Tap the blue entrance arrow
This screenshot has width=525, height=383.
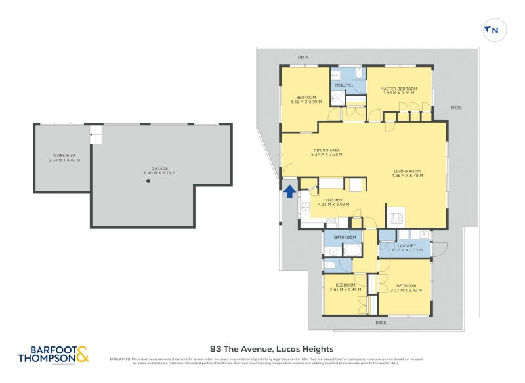click(289, 191)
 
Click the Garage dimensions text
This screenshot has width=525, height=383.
click(159, 173)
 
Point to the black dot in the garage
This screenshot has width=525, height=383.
click(148, 181)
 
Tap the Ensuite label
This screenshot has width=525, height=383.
click(343, 86)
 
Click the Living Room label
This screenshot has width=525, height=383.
click(407, 171)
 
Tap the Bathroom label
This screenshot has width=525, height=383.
click(345, 237)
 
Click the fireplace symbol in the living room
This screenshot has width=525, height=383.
click(396, 217)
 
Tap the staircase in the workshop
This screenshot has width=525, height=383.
click(96, 135)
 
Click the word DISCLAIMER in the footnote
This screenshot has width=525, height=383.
click(120, 359)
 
